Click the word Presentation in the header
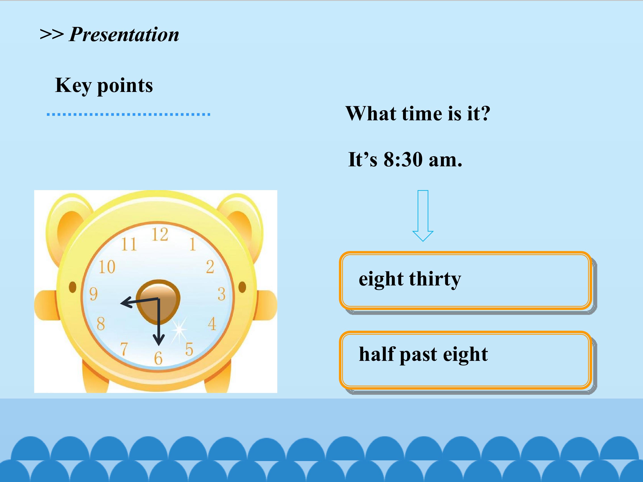tap(124, 35)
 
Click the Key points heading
tap(104, 85)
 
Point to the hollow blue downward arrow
tap(423, 216)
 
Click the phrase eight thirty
tap(410, 279)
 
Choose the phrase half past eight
tap(423, 354)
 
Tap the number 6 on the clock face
tap(158, 358)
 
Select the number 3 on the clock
tap(221, 294)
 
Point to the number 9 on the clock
tap(93, 294)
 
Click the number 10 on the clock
tap(107, 267)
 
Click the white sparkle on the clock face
tap(179, 329)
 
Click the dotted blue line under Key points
tap(128, 114)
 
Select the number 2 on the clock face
tap(210, 267)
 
